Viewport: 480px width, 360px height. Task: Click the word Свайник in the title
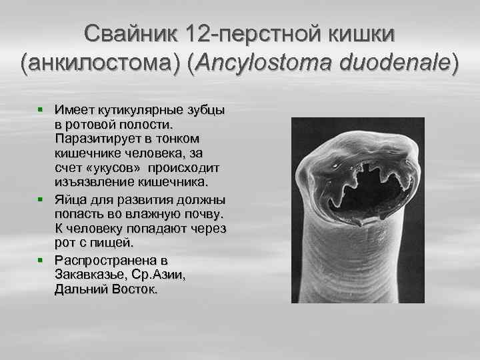tap(126, 32)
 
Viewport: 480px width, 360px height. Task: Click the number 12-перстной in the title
tap(247, 32)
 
